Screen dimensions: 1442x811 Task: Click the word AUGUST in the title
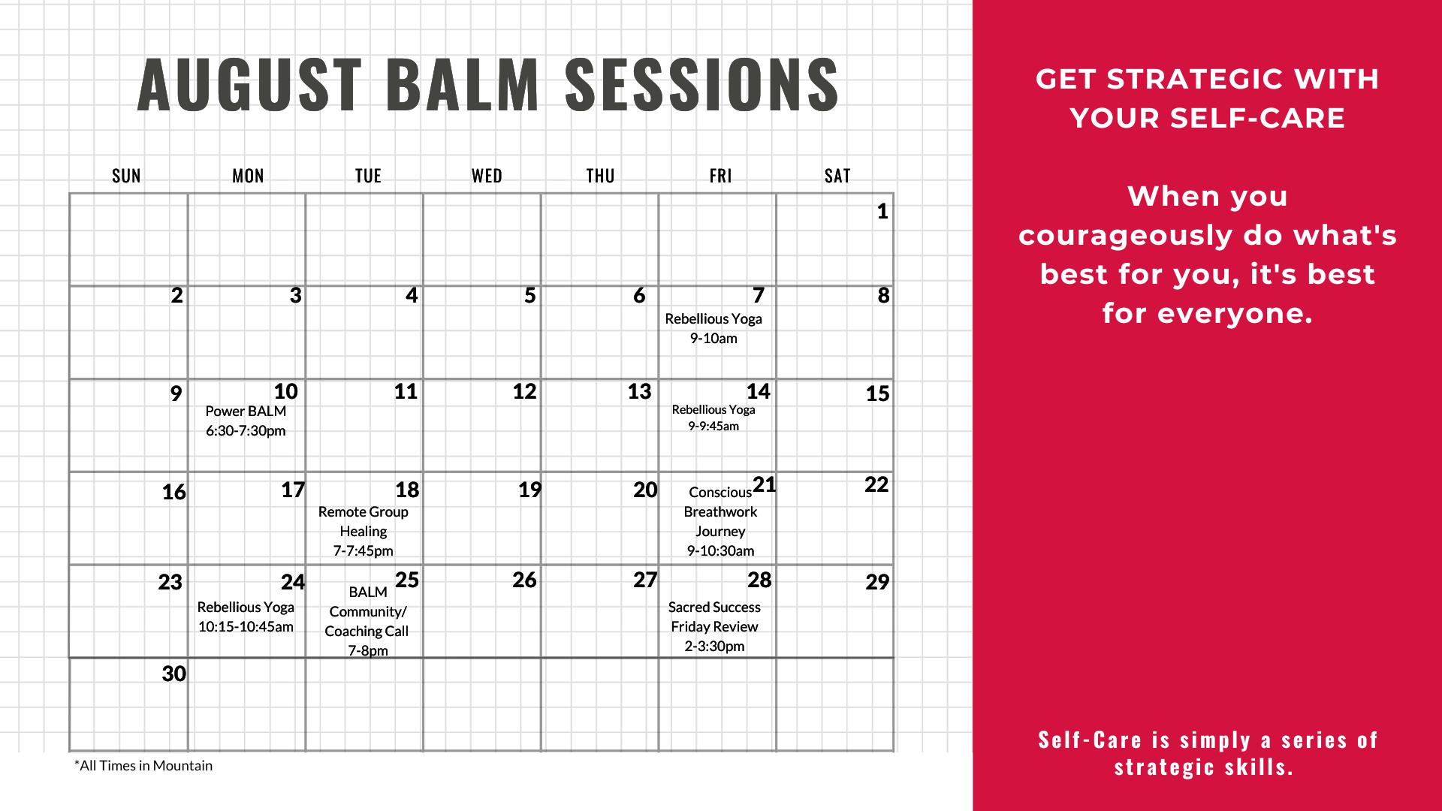point(249,85)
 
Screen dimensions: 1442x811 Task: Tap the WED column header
point(487,176)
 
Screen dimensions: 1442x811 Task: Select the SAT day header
point(837,176)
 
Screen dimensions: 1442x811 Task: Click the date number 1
point(882,211)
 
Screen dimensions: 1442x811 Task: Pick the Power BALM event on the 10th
point(246,421)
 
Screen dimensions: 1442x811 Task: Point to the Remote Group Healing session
point(364,531)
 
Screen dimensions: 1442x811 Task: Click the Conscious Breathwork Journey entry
point(720,521)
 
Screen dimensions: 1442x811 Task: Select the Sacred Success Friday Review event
point(714,626)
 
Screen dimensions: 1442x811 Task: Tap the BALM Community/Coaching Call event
point(367,621)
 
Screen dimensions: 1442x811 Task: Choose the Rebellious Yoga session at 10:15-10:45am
point(246,617)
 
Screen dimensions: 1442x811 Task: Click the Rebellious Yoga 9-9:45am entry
point(713,418)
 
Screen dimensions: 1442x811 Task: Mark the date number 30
point(173,674)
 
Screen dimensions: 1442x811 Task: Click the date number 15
point(877,393)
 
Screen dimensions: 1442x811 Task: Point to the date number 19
point(529,490)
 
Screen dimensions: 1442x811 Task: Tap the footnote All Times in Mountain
point(143,765)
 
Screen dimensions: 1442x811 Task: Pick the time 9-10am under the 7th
point(713,338)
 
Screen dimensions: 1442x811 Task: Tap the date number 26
point(524,580)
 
